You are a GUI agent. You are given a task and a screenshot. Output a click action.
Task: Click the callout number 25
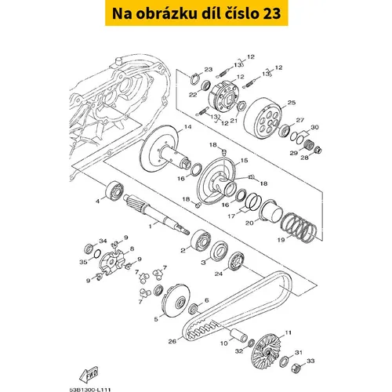tap(292, 103)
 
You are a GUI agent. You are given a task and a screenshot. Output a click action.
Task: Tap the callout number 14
tap(187, 127)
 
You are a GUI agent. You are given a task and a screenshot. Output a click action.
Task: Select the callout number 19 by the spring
tap(281, 240)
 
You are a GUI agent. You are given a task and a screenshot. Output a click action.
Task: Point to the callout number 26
tap(172, 341)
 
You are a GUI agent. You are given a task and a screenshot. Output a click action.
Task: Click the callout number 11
tap(288, 332)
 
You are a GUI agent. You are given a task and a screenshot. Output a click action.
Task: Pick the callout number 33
tap(310, 361)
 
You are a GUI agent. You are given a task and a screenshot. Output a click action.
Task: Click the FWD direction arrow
tap(89, 375)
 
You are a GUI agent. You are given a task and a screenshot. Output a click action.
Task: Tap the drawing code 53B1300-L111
tap(90, 390)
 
